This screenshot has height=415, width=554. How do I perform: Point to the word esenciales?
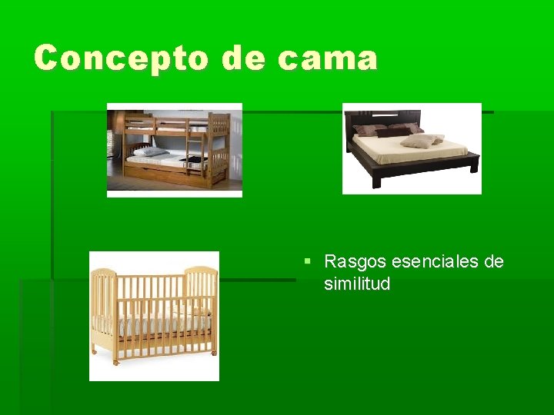point(436,262)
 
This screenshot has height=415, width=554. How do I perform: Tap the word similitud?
point(357,284)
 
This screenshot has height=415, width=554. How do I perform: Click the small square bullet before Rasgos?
point(308,261)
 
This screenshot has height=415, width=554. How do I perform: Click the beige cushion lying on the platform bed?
point(419,141)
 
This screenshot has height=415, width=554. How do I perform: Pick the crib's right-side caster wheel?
point(214,352)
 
